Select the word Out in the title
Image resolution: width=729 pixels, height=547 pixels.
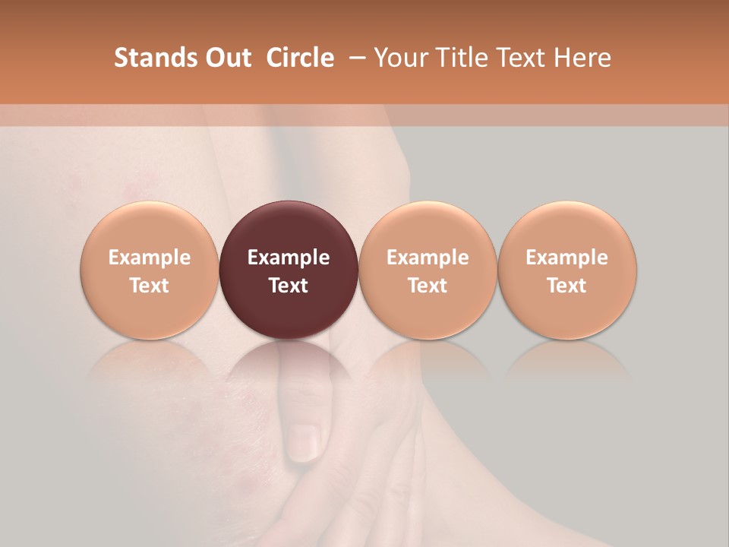coord(226,58)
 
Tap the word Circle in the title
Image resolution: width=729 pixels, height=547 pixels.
coord(300,58)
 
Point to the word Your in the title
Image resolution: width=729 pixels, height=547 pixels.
coord(399,58)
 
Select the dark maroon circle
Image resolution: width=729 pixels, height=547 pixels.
coord(289,228)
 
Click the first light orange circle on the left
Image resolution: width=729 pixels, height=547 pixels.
coord(150,228)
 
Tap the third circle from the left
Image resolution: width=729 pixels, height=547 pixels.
coord(428,228)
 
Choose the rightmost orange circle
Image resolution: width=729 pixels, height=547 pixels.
coord(567,228)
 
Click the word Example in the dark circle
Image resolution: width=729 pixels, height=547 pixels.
coord(289,258)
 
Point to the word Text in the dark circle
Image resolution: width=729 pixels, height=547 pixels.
coord(289,286)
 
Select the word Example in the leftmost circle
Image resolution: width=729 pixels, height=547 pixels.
coord(150,258)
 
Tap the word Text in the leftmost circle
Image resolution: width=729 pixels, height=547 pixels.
coord(150,286)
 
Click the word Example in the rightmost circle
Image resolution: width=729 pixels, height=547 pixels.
coord(567,258)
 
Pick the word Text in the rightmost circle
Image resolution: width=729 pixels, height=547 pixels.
coord(567,286)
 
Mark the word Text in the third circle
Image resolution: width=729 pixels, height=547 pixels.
coord(428,286)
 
